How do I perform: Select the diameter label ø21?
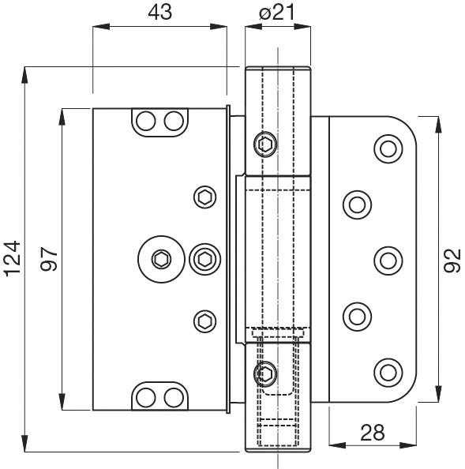276,12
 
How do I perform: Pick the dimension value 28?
373,433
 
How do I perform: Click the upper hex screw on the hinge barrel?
265,144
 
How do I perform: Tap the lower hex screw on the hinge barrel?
265,374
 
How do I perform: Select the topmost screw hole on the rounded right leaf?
387,148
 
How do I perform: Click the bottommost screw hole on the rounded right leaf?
387,371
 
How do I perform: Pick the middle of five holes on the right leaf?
387,259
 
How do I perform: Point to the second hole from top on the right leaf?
357,204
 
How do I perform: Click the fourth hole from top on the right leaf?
357,316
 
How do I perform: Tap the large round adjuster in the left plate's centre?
161,258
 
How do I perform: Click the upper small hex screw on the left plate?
205,197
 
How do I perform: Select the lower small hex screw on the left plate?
205,320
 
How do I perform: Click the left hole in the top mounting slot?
146,121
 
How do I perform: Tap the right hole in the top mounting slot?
171,121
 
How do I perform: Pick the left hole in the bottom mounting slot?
146,396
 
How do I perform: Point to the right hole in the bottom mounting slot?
171,396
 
